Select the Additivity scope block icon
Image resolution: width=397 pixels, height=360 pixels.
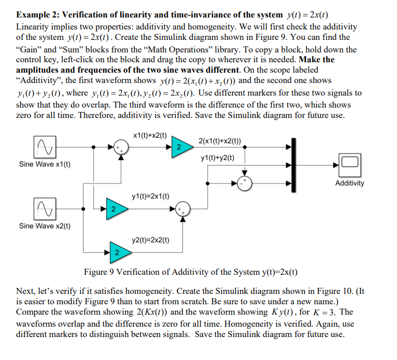pyautogui.click(x=349, y=163)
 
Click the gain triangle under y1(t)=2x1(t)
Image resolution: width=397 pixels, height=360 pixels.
pyautogui.click(x=112, y=209)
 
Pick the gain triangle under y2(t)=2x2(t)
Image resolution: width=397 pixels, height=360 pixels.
pyautogui.click(x=116, y=251)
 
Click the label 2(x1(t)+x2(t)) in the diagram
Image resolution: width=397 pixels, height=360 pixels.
pyautogui.click(x=221, y=141)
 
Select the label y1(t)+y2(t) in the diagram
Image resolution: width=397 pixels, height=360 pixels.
pyautogui.click(x=217, y=158)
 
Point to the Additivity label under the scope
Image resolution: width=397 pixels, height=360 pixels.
pyautogui.click(x=349, y=183)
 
